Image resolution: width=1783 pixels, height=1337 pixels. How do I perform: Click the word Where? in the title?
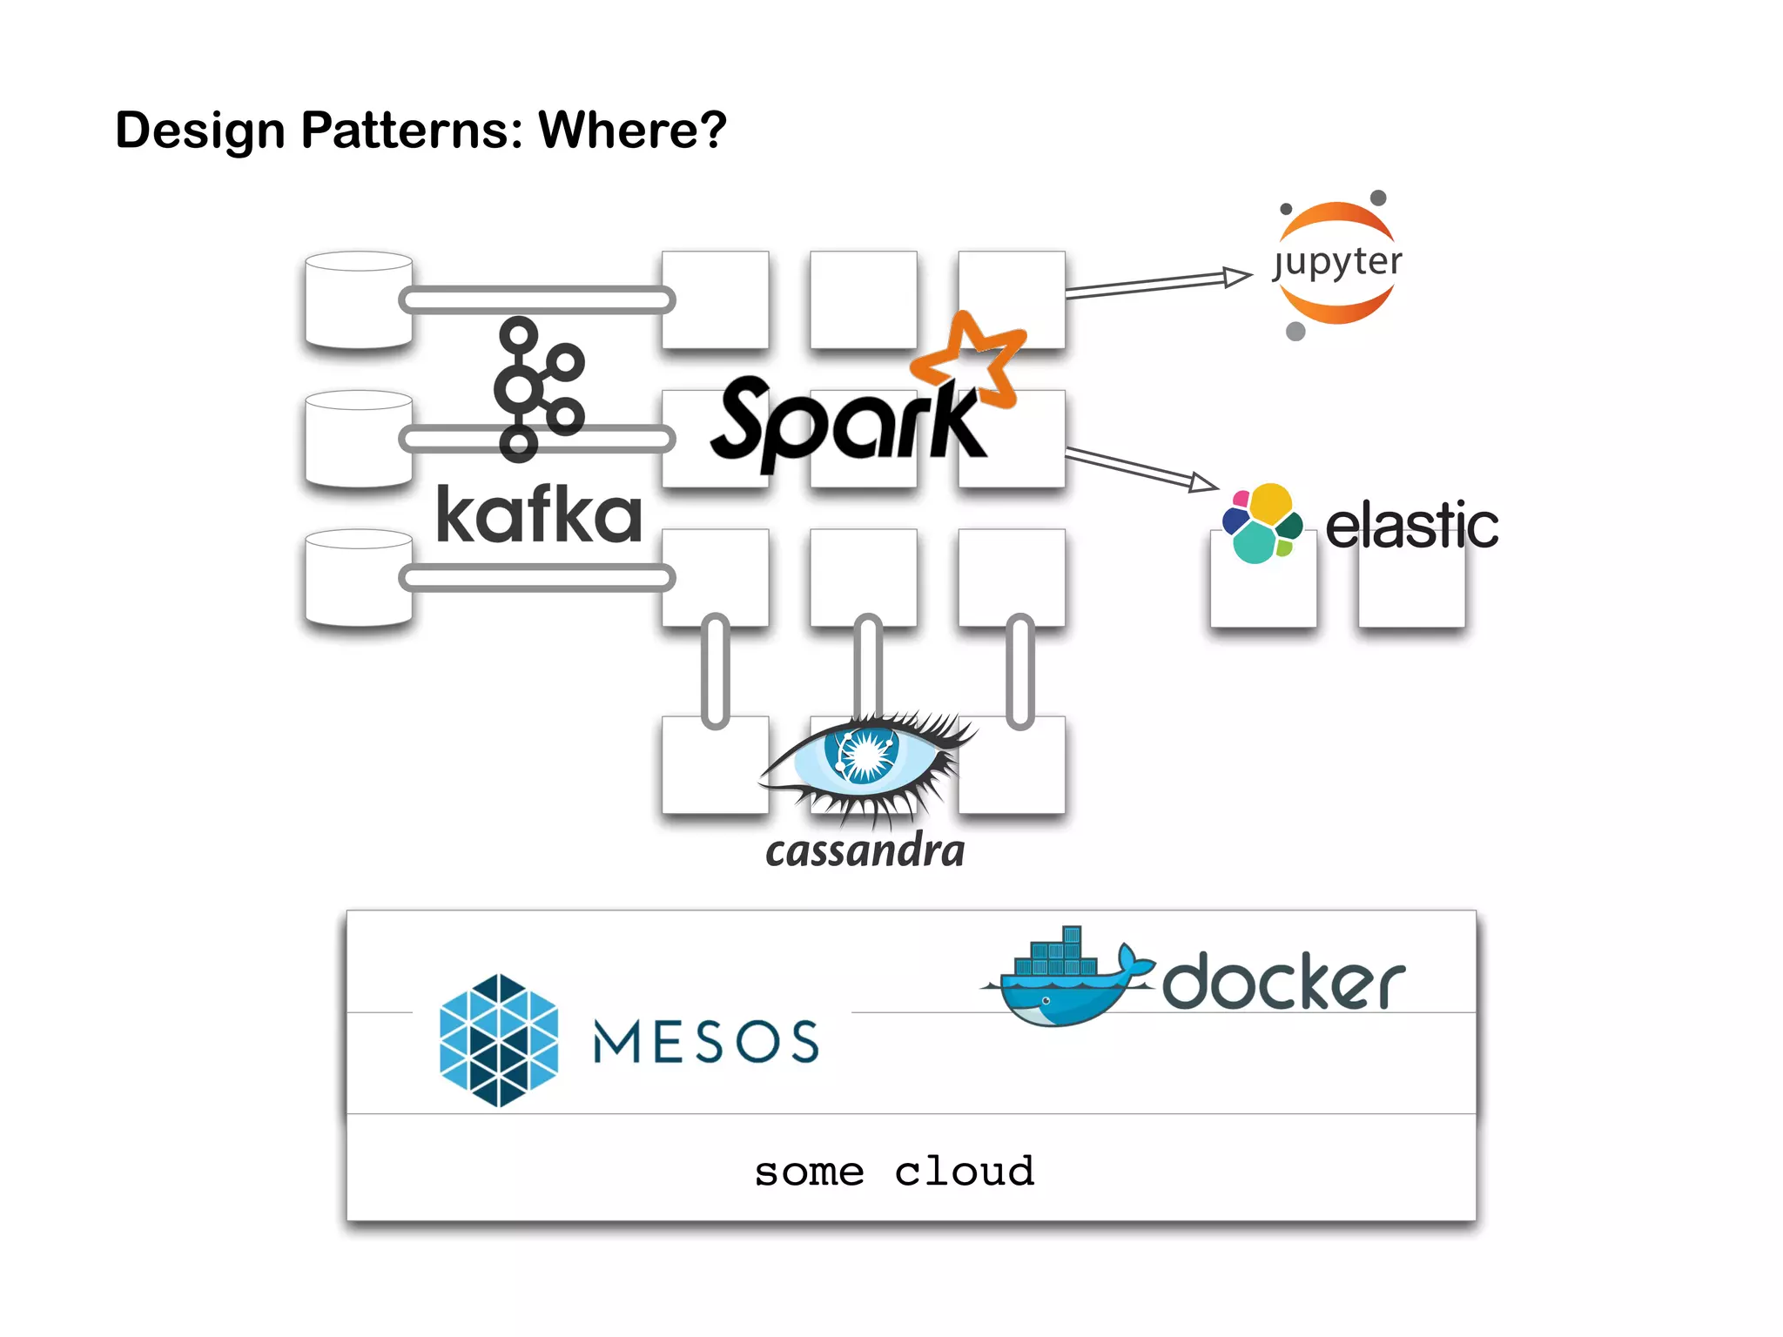click(x=632, y=131)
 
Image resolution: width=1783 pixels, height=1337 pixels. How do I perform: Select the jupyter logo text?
click(x=1338, y=261)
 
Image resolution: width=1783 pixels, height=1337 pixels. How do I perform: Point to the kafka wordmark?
click(x=539, y=515)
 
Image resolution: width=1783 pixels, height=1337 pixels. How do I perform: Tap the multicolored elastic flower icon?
click(x=1261, y=522)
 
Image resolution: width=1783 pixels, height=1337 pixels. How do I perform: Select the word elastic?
click(x=1411, y=526)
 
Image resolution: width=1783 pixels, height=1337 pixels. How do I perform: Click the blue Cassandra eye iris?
click(x=865, y=754)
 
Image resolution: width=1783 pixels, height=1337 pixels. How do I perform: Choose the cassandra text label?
click(x=865, y=851)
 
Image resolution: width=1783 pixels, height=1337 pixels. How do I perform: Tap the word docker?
click(x=1283, y=982)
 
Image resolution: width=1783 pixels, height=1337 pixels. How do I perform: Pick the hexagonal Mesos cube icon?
click(x=499, y=1040)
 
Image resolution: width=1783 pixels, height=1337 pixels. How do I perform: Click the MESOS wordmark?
click(x=706, y=1041)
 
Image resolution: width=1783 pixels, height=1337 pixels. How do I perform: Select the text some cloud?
click(x=894, y=1172)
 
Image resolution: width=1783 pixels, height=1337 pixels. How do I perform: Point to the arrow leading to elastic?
click(x=1140, y=468)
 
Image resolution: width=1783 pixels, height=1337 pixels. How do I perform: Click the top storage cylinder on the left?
click(x=358, y=299)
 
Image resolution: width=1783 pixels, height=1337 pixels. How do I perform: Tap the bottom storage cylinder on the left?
click(x=358, y=578)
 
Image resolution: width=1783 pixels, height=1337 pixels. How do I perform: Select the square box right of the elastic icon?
click(x=1411, y=581)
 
